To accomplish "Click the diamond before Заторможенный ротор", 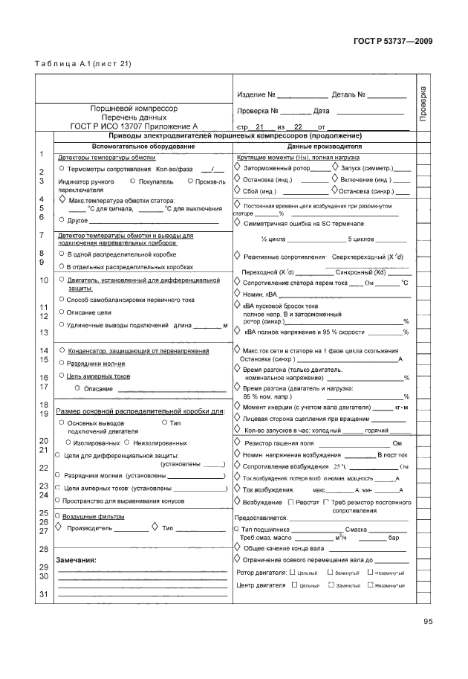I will [238, 168].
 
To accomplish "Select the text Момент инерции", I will [267, 408].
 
